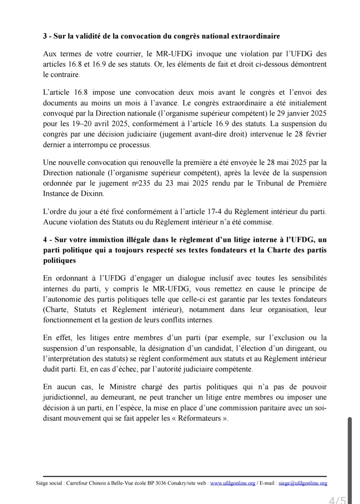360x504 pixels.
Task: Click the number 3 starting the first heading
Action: click(45, 36)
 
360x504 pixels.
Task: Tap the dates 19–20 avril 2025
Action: click(100, 124)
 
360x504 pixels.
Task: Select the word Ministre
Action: click(123, 387)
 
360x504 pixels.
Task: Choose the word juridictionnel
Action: click(64, 397)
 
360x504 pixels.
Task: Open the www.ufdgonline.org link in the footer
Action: click(233, 483)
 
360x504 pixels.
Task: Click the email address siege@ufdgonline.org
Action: click(303, 483)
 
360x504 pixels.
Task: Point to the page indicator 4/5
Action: click(338, 500)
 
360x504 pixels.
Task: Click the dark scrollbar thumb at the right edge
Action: click(350, 458)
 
